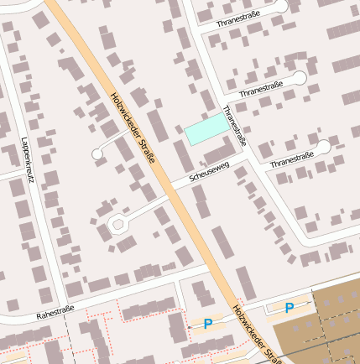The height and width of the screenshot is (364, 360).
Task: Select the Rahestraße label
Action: pyautogui.click(x=55, y=314)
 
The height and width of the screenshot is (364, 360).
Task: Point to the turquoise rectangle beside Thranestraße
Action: pyautogui.click(x=206, y=128)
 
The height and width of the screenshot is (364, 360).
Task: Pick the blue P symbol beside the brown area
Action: pyautogui.click(x=290, y=308)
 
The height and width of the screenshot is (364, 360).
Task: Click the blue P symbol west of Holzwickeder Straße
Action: pyautogui.click(x=208, y=323)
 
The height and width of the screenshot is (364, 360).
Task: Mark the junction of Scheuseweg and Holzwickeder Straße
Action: pyautogui.click(x=171, y=187)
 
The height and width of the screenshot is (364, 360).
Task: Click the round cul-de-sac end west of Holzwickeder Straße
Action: pyautogui.click(x=97, y=154)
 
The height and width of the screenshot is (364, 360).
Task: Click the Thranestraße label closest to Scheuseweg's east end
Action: pyautogui.click(x=291, y=159)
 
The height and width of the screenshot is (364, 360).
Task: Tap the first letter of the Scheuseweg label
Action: pyautogui.click(x=192, y=179)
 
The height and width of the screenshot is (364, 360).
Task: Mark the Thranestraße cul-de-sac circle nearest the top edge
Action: pyautogui.click(x=280, y=7)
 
